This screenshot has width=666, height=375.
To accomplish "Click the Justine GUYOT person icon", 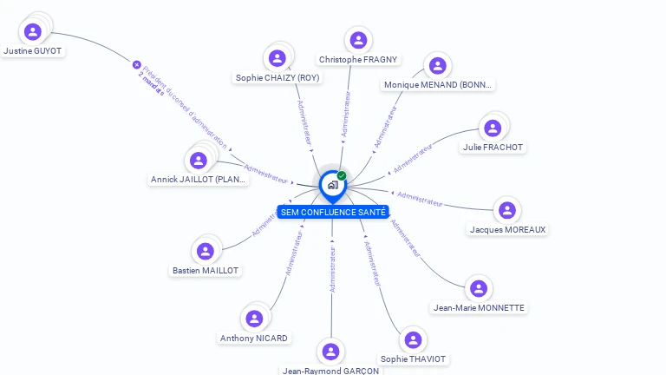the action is click(33, 32).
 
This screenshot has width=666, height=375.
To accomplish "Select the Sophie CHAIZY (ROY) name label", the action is click(277, 77).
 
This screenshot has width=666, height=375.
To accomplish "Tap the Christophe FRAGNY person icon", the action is click(357, 40).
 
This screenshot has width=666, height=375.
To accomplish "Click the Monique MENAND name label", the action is click(439, 84).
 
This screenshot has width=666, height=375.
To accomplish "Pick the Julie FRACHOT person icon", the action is click(493, 128).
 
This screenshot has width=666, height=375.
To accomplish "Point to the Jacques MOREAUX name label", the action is click(508, 229).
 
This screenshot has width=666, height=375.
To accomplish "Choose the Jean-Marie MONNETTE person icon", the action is click(478, 289).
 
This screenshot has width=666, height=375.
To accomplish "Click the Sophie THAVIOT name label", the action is click(413, 359).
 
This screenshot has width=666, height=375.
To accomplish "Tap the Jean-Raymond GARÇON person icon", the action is click(330, 352).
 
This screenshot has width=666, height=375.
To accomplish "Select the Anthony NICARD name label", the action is click(253, 338).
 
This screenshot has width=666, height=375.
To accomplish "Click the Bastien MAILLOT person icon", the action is click(206, 252).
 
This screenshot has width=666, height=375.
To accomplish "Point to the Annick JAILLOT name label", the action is click(199, 180).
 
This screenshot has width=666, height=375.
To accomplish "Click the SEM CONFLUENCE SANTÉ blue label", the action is click(333, 212).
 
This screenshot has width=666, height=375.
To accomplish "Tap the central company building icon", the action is click(332, 184).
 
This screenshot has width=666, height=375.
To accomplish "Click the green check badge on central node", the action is click(342, 175).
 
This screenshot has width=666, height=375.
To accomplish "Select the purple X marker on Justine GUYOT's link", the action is click(136, 64).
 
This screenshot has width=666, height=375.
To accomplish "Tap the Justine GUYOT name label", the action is click(33, 51).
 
